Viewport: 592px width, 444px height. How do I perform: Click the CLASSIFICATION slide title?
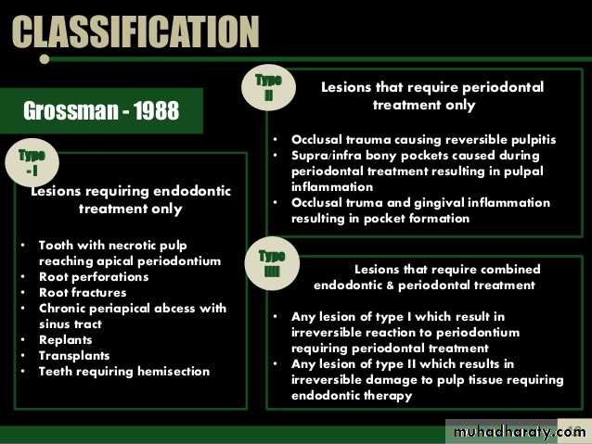tap(135, 32)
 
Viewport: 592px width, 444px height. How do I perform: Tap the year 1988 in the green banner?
tap(156, 110)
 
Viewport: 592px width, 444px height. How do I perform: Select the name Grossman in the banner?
tap(71, 111)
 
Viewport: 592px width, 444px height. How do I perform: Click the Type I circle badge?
tap(32, 163)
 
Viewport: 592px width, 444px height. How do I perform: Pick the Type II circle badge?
tap(268, 87)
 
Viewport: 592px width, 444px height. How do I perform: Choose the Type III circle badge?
tap(272, 263)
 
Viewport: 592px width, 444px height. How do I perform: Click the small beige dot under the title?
tap(45, 59)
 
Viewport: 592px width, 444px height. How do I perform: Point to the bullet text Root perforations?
tap(94, 277)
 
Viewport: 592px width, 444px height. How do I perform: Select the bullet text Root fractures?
tap(83, 293)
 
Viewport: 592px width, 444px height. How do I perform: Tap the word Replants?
tap(65, 340)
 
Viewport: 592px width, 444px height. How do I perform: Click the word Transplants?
tap(74, 356)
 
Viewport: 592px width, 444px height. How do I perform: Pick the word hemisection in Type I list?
tap(174, 372)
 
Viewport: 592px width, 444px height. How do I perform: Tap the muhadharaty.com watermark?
tap(519, 431)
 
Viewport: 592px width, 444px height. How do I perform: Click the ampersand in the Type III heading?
tap(390, 285)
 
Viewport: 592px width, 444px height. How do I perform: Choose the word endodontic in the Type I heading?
tap(192, 191)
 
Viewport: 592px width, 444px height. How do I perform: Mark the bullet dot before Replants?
tap(23, 339)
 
